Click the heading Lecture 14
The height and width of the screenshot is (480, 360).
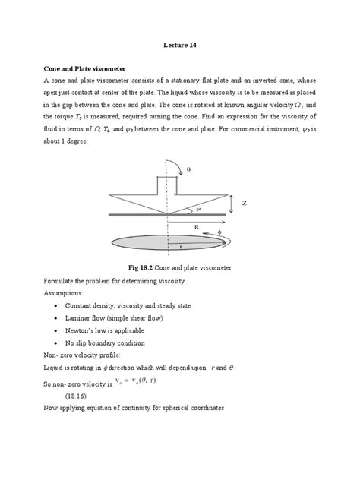(180, 45)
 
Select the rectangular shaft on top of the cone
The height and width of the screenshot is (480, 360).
(166, 185)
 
